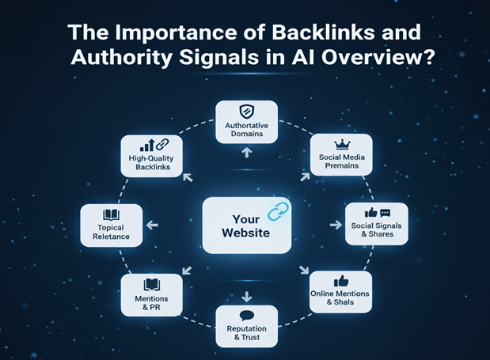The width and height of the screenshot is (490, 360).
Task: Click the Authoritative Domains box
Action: click(x=246, y=122)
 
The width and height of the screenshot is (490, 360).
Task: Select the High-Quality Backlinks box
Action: click(x=151, y=155)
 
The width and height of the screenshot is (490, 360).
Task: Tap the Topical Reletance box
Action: click(x=112, y=225)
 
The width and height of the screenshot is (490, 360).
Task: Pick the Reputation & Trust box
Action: click(x=246, y=326)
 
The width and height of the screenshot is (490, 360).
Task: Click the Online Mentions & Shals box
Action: click(x=340, y=292)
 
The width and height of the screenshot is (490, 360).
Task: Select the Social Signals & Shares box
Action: click(x=377, y=224)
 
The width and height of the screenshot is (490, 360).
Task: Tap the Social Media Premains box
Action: click(x=341, y=155)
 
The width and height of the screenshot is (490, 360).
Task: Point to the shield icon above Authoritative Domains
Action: click(x=246, y=112)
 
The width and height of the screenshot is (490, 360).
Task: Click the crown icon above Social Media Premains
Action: click(x=342, y=145)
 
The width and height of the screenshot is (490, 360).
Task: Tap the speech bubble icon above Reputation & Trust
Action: click(x=246, y=315)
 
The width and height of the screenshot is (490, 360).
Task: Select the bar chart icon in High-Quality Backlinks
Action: click(x=146, y=145)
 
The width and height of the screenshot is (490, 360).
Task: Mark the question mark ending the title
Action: click(x=428, y=60)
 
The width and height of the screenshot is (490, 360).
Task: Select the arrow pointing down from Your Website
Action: click(x=246, y=296)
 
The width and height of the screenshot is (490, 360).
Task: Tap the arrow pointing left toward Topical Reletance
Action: click(x=152, y=225)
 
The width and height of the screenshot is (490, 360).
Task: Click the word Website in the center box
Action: click(x=246, y=233)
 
